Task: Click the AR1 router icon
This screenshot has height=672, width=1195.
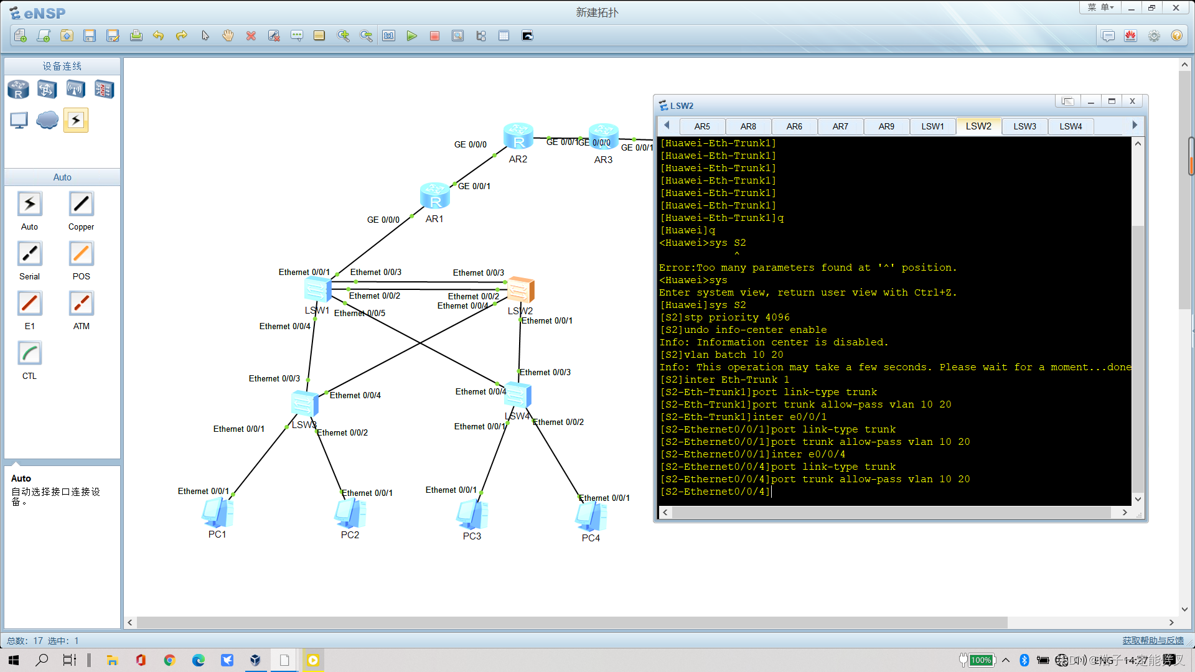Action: (434, 196)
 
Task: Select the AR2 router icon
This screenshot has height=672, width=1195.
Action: (518, 136)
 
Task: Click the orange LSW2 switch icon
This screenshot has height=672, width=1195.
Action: (520, 290)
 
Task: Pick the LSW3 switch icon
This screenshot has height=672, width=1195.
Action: (304, 404)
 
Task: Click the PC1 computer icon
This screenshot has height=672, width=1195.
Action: (217, 513)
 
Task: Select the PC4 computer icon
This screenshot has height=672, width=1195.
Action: (591, 516)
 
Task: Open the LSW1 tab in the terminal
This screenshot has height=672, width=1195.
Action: (932, 126)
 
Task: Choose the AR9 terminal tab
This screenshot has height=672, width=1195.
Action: (886, 126)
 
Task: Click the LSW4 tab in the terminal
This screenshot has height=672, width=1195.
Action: (1071, 126)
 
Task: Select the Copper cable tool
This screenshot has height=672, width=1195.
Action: (81, 204)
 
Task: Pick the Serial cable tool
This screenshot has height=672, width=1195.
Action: (29, 254)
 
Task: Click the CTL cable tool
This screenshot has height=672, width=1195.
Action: (29, 353)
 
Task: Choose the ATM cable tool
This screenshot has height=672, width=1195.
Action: (81, 304)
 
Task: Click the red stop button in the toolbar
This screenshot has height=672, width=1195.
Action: (434, 36)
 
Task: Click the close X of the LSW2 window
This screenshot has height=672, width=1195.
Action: (1132, 101)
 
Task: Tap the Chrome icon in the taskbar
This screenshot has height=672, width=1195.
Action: (169, 660)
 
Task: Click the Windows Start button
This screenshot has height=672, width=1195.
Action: (14, 660)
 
